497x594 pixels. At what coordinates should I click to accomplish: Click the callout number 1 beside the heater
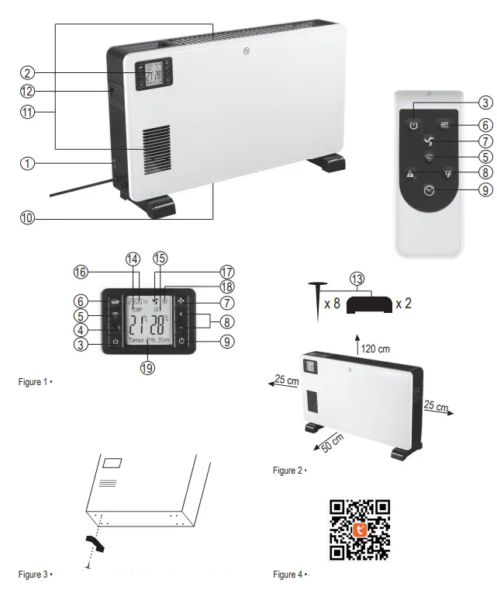pos(28,163)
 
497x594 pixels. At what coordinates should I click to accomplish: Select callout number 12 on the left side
pos(28,92)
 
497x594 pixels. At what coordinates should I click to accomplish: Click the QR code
pos(360,530)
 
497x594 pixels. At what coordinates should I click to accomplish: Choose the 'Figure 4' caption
pos(289,574)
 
